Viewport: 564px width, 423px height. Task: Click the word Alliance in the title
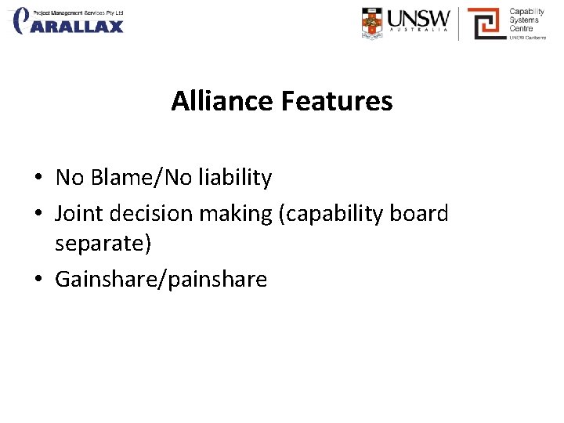click(221, 101)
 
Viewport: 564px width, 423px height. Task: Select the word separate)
click(103, 244)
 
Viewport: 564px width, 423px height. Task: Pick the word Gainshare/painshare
click(161, 279)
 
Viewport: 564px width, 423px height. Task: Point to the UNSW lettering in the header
click(419, 18)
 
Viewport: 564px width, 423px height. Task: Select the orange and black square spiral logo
click(486, 23)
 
